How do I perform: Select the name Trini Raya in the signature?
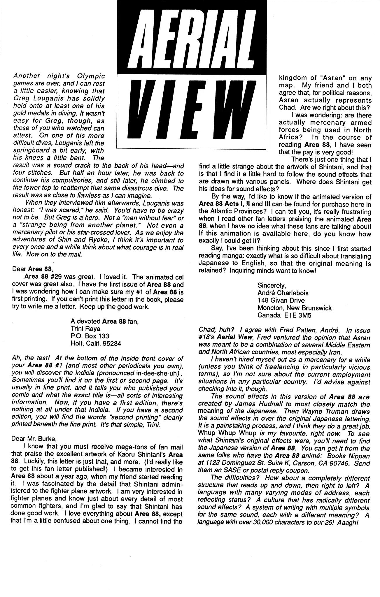(85, 329)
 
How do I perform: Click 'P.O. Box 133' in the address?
(90, 336)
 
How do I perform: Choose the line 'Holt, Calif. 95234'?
(96, 344)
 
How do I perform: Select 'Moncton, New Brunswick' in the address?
(295, 308)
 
